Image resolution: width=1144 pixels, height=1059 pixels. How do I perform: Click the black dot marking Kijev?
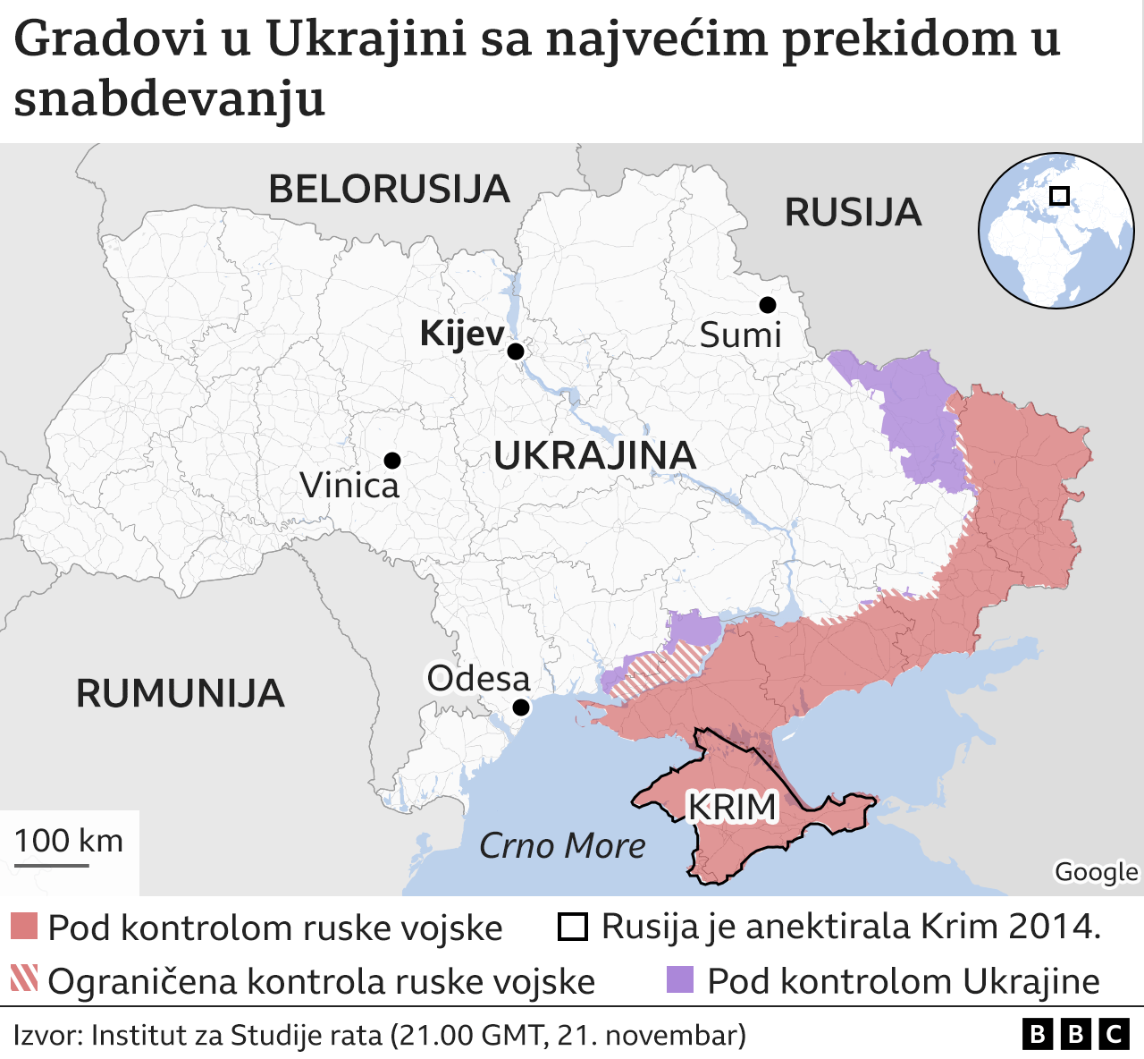516,352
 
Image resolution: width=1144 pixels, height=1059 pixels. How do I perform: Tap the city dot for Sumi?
767,305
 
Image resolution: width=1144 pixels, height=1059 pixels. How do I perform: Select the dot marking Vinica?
391,461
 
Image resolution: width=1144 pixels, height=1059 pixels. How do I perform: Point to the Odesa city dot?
521,707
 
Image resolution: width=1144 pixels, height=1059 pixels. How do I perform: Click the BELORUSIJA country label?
389,190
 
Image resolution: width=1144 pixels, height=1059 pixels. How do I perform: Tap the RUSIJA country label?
853,213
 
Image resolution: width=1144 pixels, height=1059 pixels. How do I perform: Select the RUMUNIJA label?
180,694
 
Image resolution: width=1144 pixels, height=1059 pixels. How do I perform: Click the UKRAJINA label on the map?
594,456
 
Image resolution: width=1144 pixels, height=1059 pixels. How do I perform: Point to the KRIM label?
732,807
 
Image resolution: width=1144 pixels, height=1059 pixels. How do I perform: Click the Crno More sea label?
562,846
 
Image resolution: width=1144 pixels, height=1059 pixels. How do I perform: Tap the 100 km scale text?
69,841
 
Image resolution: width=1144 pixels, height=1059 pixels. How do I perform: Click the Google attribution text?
1096,871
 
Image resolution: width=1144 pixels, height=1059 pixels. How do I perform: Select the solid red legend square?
24,927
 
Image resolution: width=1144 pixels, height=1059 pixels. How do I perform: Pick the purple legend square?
680,979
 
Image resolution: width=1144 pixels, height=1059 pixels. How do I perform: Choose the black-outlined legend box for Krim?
572,927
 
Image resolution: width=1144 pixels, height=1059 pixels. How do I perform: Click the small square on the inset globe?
1059,196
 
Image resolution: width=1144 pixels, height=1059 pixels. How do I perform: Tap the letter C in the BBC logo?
1114,1035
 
